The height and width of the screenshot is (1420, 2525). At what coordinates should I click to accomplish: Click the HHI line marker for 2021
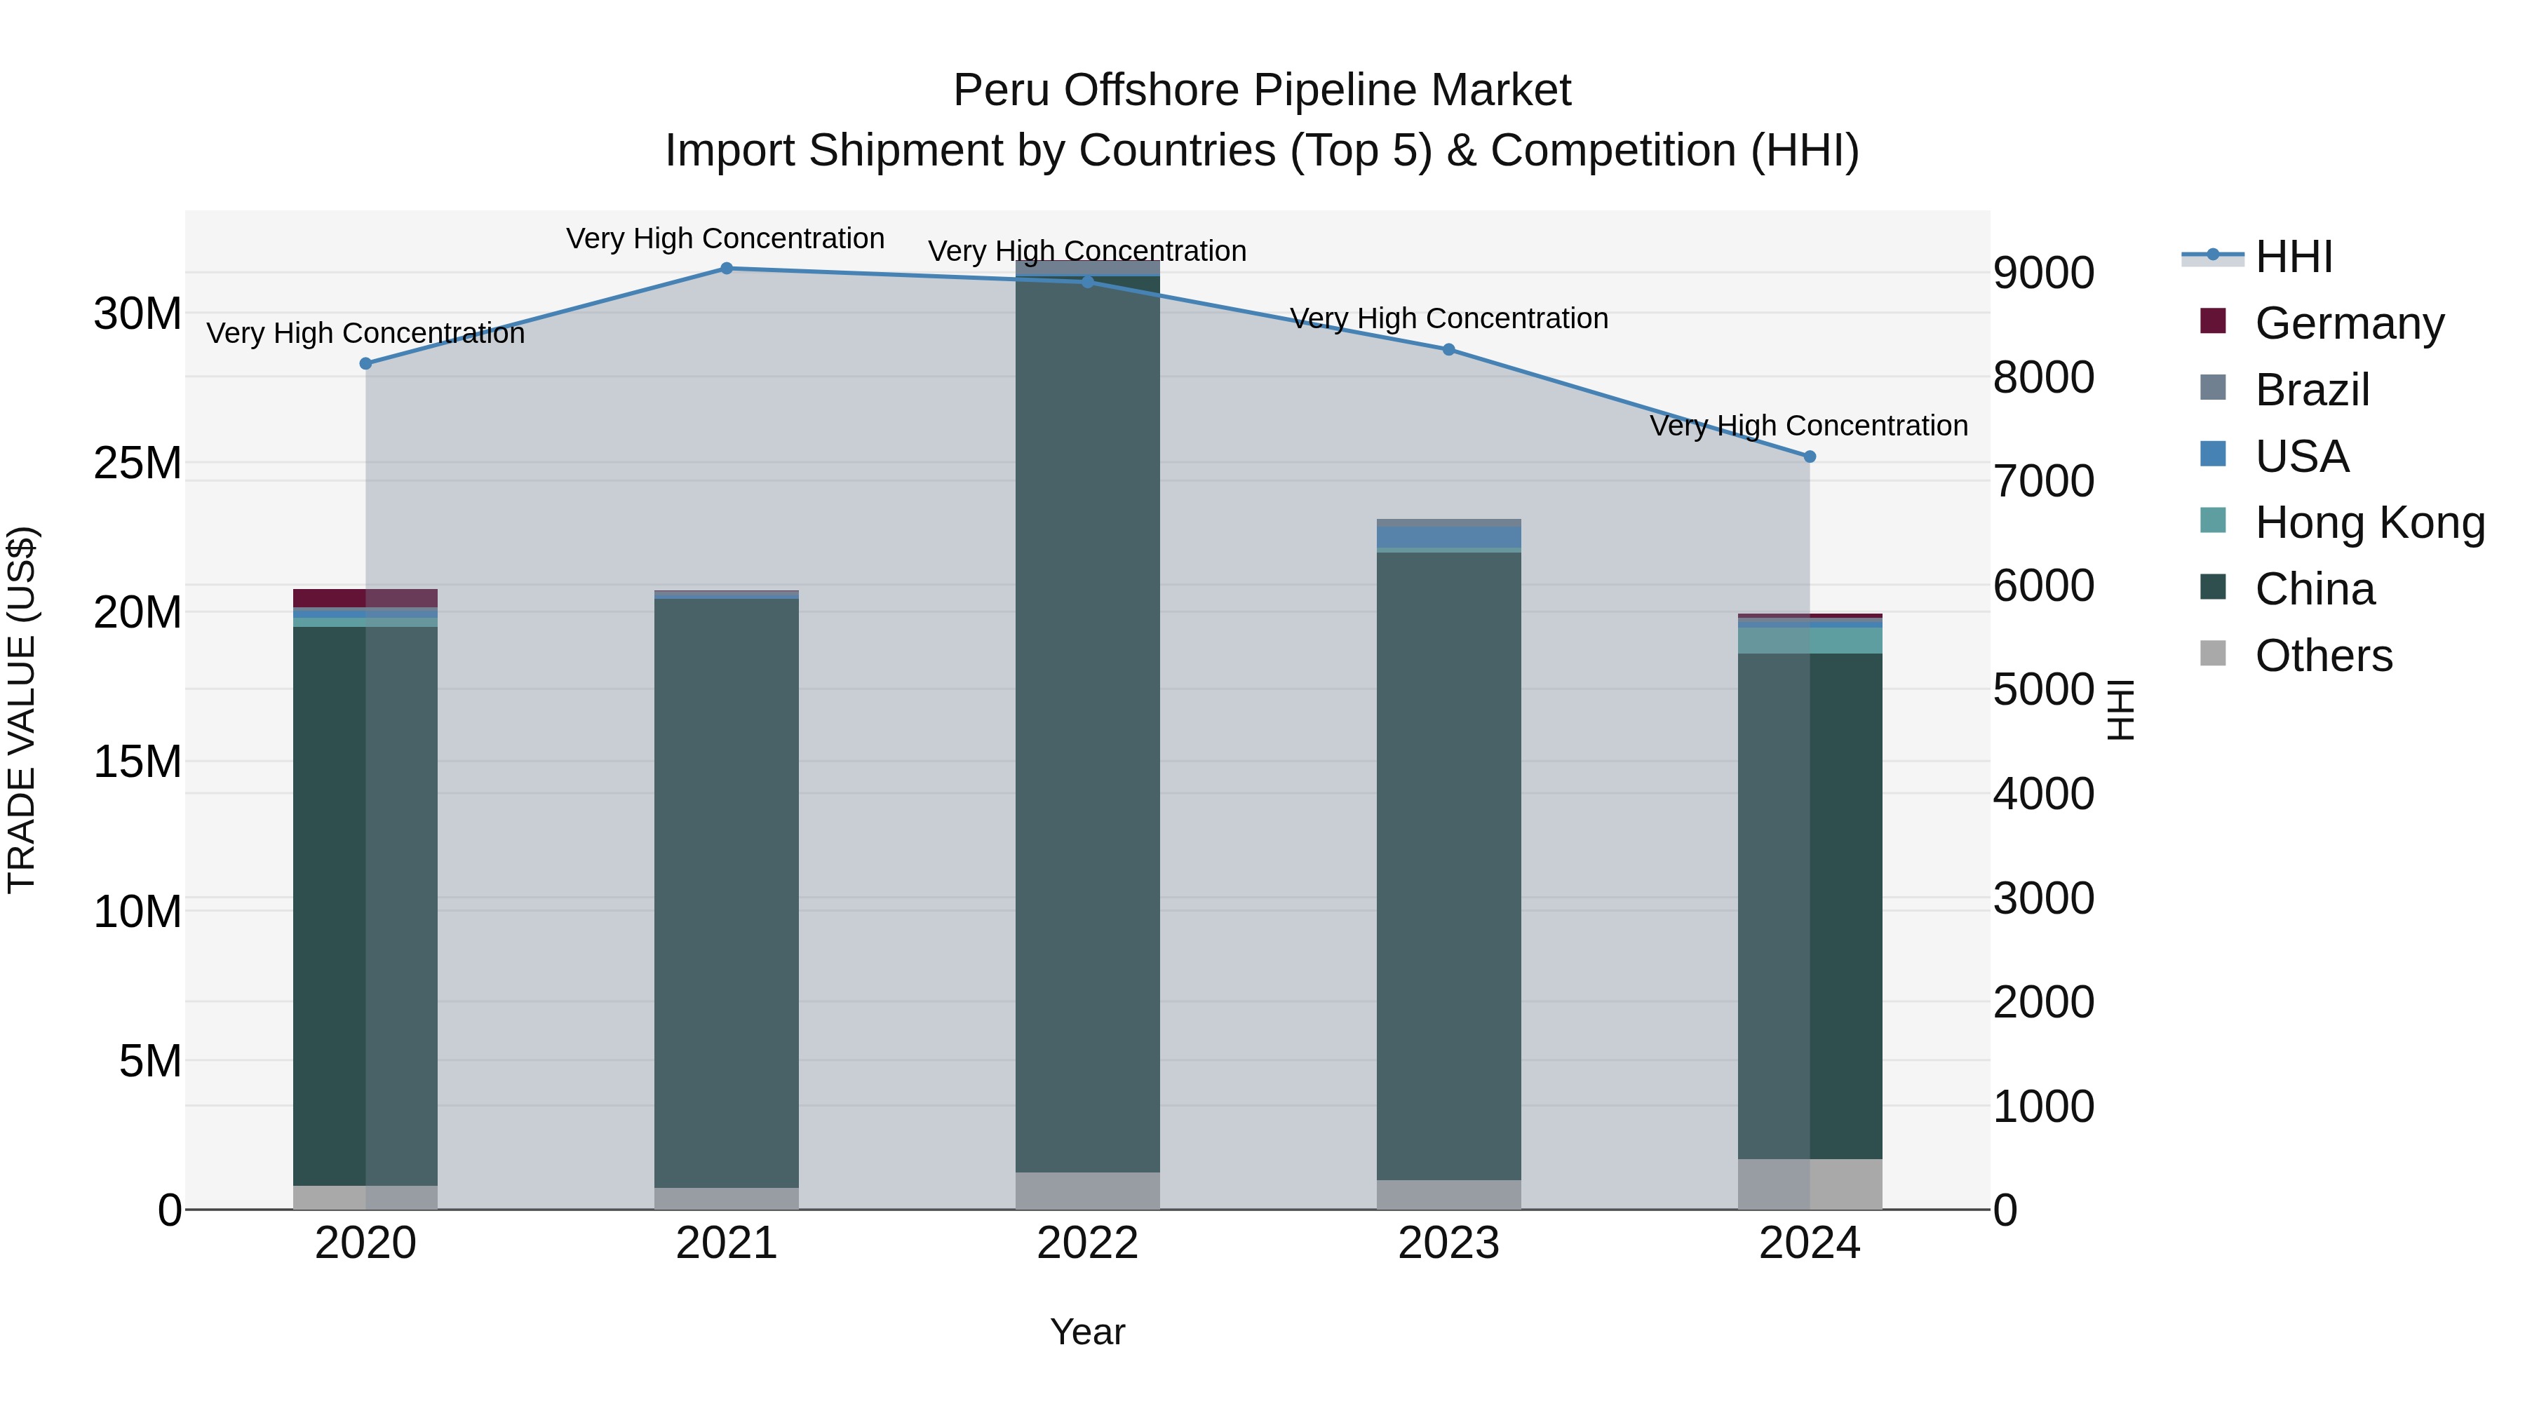[727, 268]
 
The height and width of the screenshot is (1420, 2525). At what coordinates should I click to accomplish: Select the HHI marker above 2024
[1810, 457]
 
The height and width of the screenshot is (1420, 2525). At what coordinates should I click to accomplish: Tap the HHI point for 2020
[365, 363]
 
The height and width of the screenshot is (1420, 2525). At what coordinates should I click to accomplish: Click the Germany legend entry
[2348, 323]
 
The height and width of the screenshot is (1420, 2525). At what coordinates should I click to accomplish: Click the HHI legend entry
[2293, 257]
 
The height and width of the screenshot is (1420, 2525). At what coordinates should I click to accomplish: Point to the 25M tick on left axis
[137, 463]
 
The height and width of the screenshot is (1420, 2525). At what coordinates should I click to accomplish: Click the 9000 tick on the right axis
[2044, 273]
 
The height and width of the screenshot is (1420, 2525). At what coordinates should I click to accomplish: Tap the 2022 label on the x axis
[1087, 1243]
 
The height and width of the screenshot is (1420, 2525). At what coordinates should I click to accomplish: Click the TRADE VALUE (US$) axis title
[22, 710]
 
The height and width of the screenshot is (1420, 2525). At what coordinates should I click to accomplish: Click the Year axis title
[1087, 1332]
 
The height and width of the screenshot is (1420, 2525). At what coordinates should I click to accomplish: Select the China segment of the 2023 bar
[1449, 863]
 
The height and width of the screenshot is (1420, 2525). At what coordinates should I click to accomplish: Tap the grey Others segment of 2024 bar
[1810, 1184]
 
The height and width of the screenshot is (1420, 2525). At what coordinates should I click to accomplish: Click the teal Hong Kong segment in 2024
[1810, 640]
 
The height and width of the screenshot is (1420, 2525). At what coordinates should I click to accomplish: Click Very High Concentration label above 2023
[1449, 318]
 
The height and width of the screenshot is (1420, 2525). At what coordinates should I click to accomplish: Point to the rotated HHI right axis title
[2121, 710]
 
